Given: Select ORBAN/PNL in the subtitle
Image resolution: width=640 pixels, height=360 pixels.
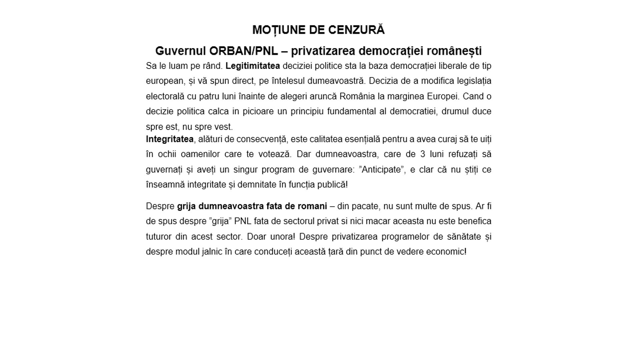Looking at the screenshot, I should (244, 51).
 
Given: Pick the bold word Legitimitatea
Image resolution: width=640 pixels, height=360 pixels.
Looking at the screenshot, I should (253, 66).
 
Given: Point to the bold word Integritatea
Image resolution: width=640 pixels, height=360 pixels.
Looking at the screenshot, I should (170, 139).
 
